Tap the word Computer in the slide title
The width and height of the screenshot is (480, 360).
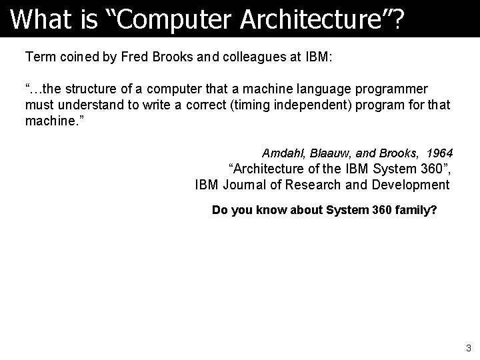point(167,19)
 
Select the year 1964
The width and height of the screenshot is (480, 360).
point(439,153)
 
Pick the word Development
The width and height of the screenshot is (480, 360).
point(413,185)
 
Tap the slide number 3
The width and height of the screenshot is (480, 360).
point(469,347)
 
